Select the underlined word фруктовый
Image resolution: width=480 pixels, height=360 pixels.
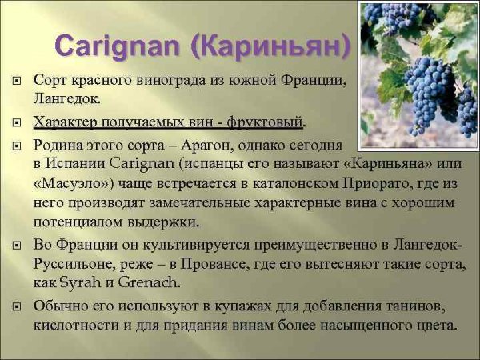click(266, 122)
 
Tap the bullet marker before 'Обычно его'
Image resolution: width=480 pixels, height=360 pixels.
click(17, 307)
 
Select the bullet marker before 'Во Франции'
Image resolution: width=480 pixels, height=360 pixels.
click(17, 246)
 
